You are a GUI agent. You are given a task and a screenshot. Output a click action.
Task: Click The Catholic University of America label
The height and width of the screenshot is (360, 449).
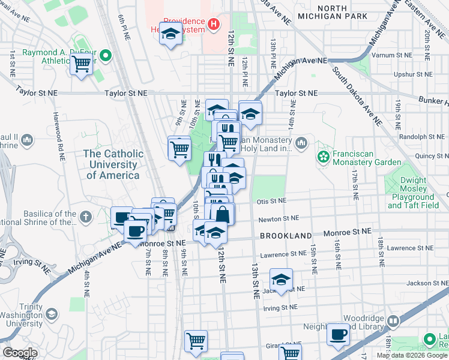click(113, 164)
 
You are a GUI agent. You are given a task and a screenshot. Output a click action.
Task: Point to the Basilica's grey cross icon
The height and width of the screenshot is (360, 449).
click(86, 215)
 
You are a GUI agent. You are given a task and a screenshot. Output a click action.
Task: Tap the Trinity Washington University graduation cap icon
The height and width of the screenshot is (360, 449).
click(52, 314)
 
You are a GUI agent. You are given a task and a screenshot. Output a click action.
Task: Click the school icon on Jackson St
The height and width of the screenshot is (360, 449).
click(280, 279)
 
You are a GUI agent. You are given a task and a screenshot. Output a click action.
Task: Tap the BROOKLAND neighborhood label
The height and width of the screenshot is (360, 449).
click(286, 236)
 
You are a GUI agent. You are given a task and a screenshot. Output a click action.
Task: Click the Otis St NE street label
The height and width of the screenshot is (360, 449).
click(271, 202)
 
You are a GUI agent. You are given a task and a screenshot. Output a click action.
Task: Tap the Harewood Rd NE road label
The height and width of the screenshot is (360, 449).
click(58, 138)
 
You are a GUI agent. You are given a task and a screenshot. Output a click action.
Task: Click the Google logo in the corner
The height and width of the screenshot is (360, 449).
click(20, 353)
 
